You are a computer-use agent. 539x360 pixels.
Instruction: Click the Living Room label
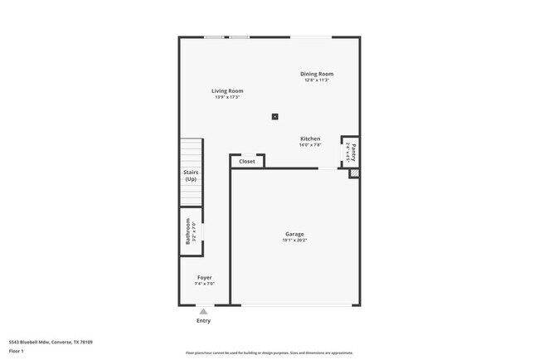click(226, 91)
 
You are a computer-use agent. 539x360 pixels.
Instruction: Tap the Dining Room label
click(317, 74)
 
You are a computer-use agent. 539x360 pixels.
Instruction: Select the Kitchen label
click(310, 139)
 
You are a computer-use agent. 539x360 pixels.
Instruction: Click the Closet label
click(247, 162)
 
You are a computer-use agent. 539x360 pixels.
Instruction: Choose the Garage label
click(294, 234)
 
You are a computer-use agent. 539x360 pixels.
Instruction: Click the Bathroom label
click(188, 230)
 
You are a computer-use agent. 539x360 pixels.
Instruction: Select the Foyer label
click(204, 277)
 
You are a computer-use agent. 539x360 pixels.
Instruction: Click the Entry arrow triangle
click(203, 311)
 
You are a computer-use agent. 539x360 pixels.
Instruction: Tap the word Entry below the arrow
click(203, 320)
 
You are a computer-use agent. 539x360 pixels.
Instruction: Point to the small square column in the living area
click(275, 117)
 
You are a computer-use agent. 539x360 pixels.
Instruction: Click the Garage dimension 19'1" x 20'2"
click(294, 241)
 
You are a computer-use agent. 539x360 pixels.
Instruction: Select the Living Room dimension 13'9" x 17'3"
click(226, 98)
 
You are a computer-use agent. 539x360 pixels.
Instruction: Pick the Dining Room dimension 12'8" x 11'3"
click(317, 80)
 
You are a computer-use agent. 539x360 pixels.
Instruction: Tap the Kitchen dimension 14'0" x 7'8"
click(310, 145)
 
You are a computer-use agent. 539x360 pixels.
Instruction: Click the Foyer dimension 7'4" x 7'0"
click(204, 284)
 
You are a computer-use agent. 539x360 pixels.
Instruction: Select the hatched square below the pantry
click(354, 173)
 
